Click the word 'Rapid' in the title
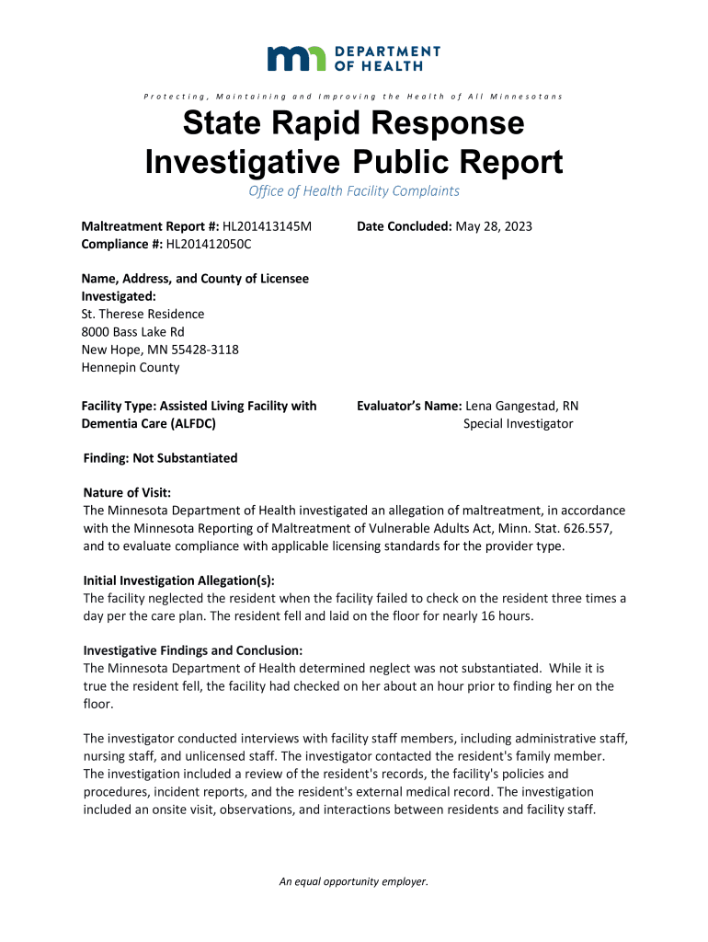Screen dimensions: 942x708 [368, 123]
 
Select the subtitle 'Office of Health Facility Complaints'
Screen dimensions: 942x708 [354, 191]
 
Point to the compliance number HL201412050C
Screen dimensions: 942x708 [209, 244]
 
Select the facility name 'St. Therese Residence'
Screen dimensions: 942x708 [143, 314]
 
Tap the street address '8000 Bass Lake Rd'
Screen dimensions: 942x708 [133, 332]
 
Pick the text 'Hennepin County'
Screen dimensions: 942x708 [131, 367]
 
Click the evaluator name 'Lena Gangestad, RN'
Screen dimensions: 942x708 [522, 406]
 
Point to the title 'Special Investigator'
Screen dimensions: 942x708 [518, 423]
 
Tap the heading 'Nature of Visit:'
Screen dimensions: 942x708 [127, 493]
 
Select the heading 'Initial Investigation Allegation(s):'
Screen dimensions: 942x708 [179, 580]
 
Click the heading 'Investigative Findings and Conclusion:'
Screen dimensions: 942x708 [192, 650]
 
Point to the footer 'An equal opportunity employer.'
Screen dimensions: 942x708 [354, 881]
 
